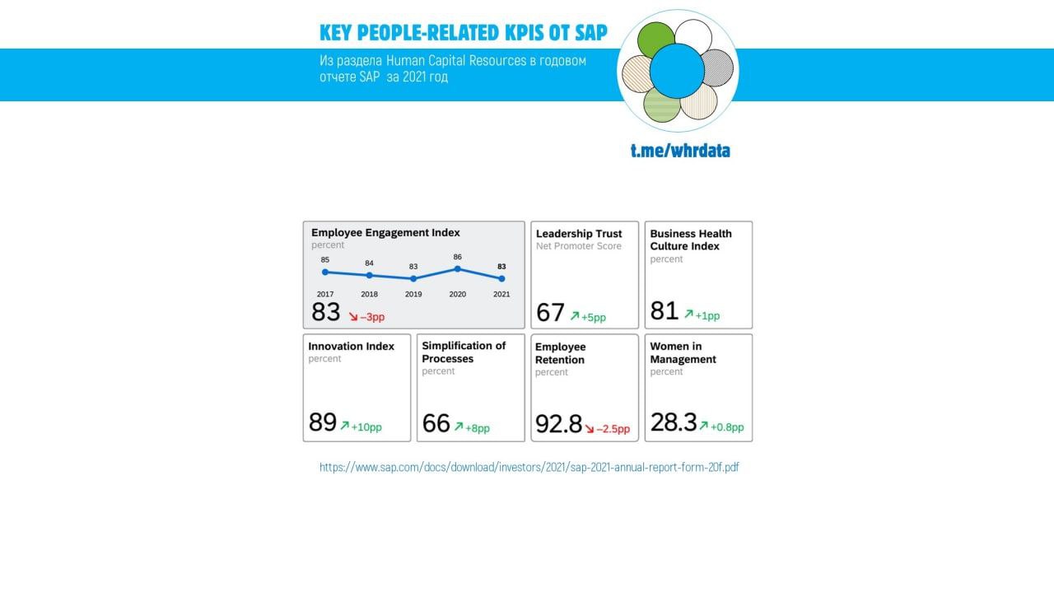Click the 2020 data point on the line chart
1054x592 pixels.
457,268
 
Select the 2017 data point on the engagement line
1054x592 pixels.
325,272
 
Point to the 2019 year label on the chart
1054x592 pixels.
413,294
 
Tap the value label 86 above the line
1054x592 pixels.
457,257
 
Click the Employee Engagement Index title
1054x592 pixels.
385,233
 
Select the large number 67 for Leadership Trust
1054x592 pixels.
550,313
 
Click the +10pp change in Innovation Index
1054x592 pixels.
366,427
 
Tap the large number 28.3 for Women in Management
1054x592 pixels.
673,422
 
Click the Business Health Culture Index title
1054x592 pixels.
690,240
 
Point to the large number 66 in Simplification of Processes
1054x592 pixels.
436,423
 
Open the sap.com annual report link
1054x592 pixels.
529,467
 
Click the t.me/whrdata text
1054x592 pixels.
680,151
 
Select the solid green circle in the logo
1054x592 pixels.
655,40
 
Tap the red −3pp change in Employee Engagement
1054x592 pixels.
372,316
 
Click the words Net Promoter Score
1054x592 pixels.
578,246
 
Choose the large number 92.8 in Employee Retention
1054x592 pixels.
558,424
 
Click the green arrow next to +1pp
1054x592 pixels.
688,314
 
